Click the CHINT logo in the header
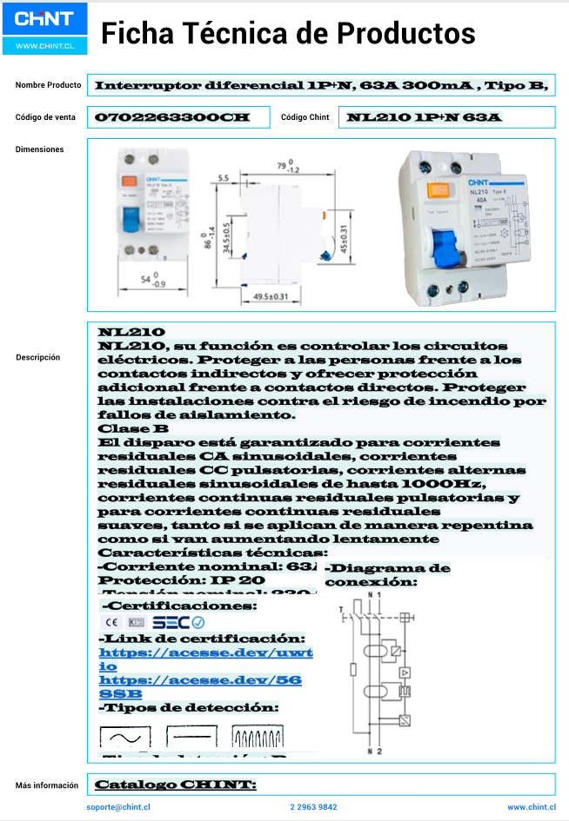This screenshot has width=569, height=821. tap(44, 19)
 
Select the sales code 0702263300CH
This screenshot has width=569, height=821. tap(171, 117)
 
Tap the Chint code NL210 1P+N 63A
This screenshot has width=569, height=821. tap(424, 117)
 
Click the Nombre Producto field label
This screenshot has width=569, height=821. tap(48, 85)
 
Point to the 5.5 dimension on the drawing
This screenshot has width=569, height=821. tap(224, 178)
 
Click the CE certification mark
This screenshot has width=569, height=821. tap(110, 622)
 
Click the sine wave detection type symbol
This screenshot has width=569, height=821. tap(124, 738)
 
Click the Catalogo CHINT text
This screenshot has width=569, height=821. tap(176, 785)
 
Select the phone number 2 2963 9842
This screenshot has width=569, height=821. tap(313, 807)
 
